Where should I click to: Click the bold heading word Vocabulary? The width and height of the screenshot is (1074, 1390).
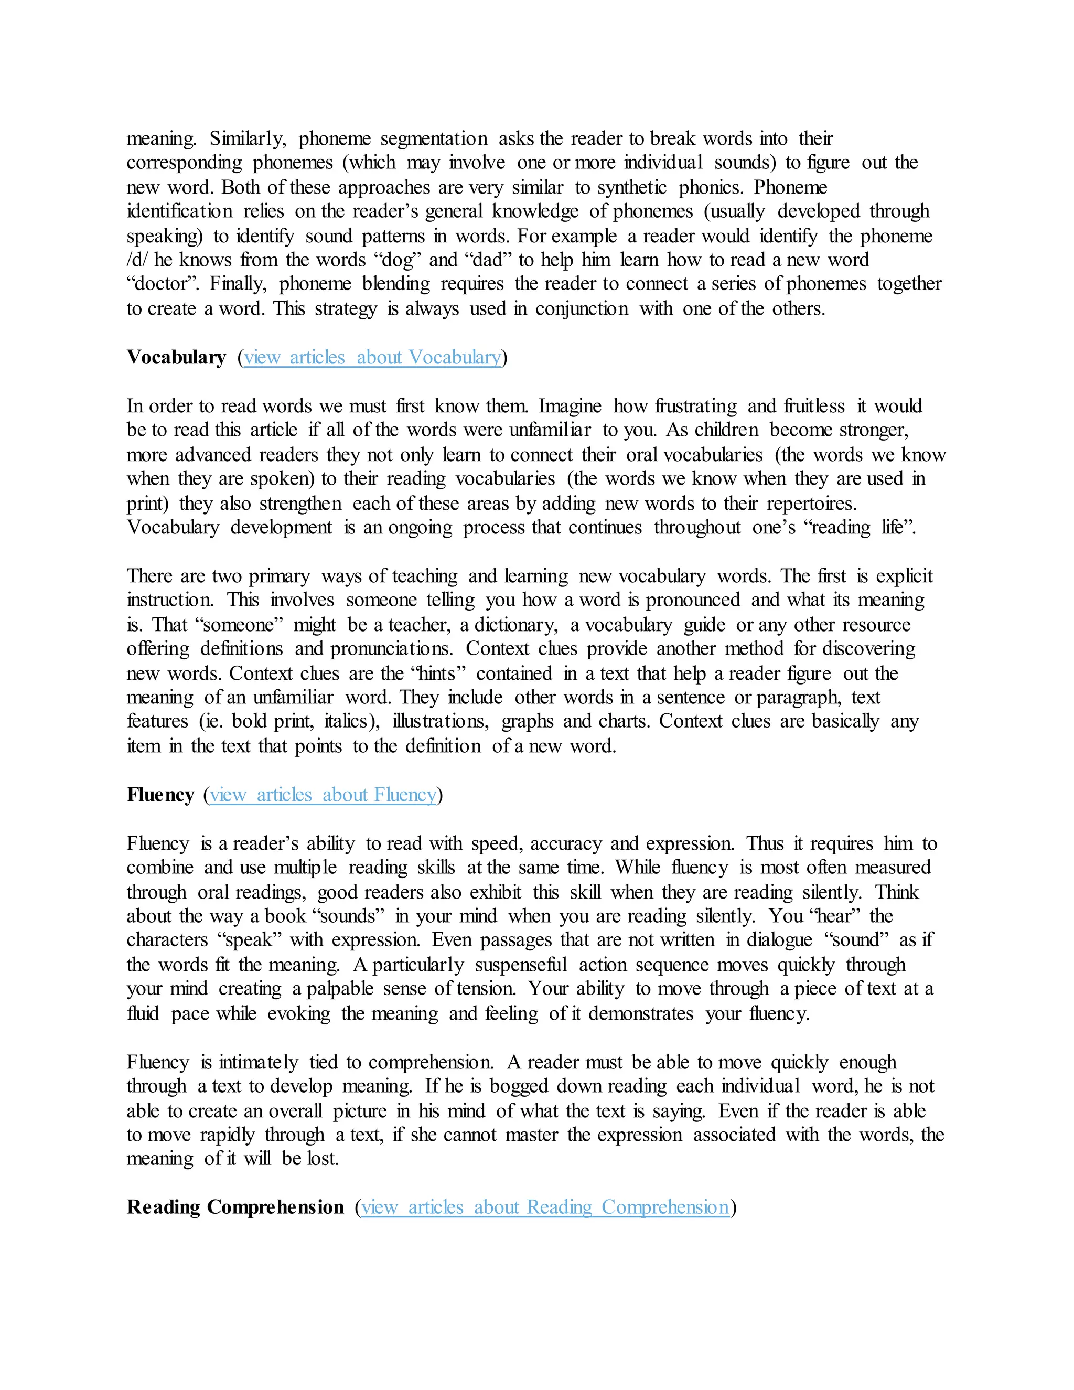(176, 357)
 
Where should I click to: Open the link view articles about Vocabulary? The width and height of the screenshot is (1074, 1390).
(372, 357)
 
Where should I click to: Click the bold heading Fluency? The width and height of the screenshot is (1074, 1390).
(160, 794)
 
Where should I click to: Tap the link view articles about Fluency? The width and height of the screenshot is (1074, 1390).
(323, 794)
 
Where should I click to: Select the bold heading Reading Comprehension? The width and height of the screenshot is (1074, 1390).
(235, 1207)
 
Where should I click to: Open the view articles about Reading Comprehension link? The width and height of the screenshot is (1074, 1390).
(545, 1207)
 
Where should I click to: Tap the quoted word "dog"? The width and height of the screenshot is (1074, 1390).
(398, 260)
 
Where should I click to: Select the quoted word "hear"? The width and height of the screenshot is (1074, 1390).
(833, 916)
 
